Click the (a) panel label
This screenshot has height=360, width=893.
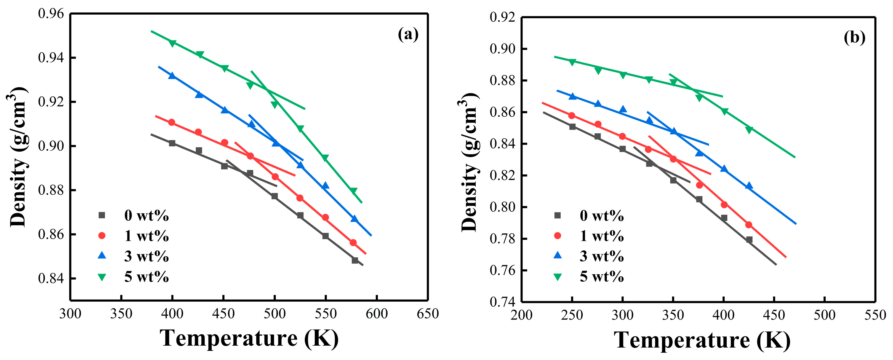[x=408, y=35]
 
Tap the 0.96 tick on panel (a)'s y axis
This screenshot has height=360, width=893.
[x=51, y=14]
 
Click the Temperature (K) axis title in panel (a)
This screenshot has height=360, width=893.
[x=249, y=338]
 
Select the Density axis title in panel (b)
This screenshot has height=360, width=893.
[x=470, y=162]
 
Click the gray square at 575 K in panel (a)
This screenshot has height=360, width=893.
[x=355, y=260]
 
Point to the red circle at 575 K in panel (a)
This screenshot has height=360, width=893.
[x=353, y=243]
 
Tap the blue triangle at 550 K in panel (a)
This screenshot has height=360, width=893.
[x=325, y=186]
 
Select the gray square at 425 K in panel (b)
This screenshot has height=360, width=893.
[x=749, y=240]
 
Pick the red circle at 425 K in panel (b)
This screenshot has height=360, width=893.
[x=749, y=225]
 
